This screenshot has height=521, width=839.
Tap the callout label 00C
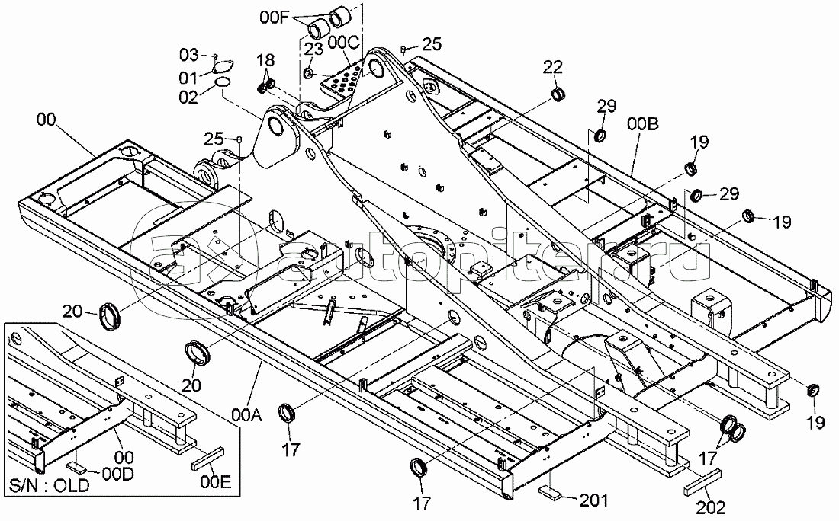click(345, 43)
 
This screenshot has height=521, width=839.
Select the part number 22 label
click(553, 67)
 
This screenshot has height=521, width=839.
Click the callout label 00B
click(644, 124)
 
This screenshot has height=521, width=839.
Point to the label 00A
click(246, 414)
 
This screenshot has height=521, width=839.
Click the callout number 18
click(264, 61)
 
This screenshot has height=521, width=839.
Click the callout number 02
click(188, 96)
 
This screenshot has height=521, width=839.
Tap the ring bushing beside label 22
click(559, 94)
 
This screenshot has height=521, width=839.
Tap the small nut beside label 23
click(307, 73)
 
